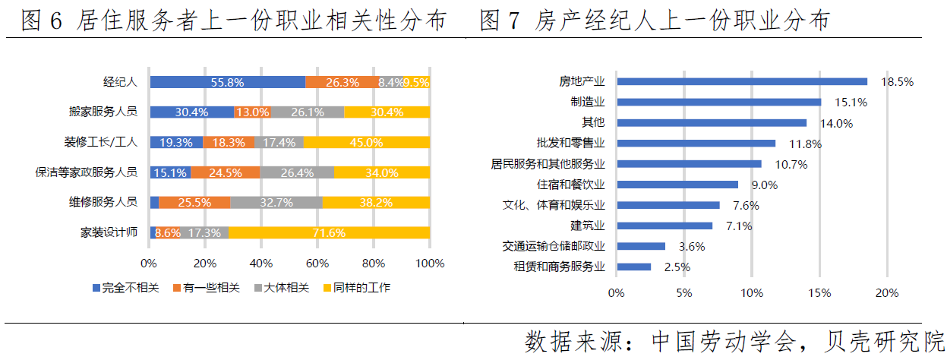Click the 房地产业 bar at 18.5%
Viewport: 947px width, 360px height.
coord(741,81)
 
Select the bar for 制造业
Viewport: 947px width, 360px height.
coord(718,102)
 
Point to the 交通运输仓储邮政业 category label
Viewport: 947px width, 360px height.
coord(554,246)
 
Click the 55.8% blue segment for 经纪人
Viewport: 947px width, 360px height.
coord(227,82)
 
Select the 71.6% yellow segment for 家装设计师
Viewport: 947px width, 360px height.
coord(329,232)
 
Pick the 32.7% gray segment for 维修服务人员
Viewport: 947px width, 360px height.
coord(276,202)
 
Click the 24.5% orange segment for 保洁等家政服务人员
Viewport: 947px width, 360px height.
coord(225,172)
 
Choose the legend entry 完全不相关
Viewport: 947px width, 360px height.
coord(126,288)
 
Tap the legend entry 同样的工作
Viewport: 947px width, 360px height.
coord(356,288)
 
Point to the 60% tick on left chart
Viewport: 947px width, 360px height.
coord(317,264)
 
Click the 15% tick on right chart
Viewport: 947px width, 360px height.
coord(819,292)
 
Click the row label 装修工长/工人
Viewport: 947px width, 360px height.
coord(100,142)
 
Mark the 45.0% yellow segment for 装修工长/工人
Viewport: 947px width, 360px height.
coord(366,142)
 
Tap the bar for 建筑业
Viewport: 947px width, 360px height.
coord(664,226)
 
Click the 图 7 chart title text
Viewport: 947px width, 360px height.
coord(655,21)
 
